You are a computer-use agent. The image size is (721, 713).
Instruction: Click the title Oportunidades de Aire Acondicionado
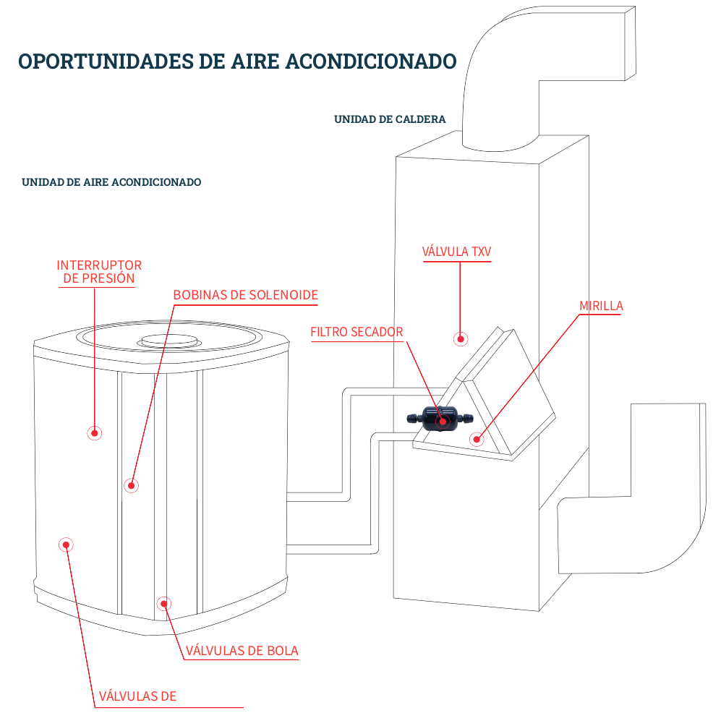pyautogui.click(x=237, y=61)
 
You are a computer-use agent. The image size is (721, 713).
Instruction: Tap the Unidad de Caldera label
pyautogui.click(x=390, y=119)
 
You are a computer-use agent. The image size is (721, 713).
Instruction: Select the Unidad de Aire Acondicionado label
pyautogui.click(x=111, y=182)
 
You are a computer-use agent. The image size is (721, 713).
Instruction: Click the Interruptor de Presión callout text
pyautogui.click(x=98, y=271)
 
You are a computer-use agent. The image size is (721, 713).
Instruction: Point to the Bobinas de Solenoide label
pyautogui.click(x=245, y=295)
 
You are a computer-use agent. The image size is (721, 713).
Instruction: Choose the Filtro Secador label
pyautogui.click(x=357, y=332)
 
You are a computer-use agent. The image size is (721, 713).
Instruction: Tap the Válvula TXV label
pyautogui.click(x=457, y=252)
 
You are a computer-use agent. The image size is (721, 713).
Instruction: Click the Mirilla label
pyautogui.click(x=600, y=306)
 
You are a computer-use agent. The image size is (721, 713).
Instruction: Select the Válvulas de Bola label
pyautogui.click(x=242, y=651)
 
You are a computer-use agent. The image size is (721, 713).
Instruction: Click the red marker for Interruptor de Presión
pyautogui.click(x=94, y=433)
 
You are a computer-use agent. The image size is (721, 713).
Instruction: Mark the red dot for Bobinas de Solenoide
pyautogui.click(x=130, y=485)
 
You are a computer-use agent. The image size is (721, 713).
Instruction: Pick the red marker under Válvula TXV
pyautogui.click(x=459, y=338)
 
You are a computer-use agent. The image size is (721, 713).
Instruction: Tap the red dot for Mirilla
pyautogui.click(x=476, y=438)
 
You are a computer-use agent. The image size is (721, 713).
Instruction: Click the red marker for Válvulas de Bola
pyautogui.click(x=163, y=603)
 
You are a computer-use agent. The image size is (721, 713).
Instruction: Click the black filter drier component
pyautogui.click(x=438, y=418)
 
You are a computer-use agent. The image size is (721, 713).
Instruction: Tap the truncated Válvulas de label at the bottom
pyautogui.click(x=137, y=696)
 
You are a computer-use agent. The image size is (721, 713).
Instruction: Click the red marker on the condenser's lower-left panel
pyautogui.click(x=66, y=545)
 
